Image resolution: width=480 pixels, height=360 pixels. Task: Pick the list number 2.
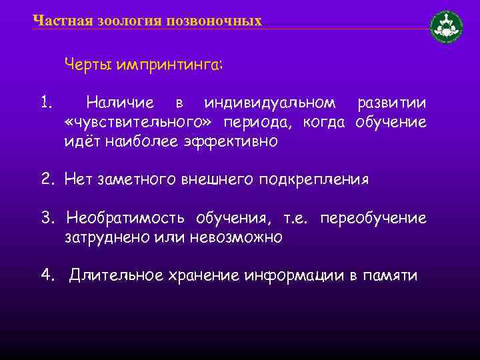46,180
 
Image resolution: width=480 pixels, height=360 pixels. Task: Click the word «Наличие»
120,104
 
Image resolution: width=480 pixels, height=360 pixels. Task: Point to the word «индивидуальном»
270,104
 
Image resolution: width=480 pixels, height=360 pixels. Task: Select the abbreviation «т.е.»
297,219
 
